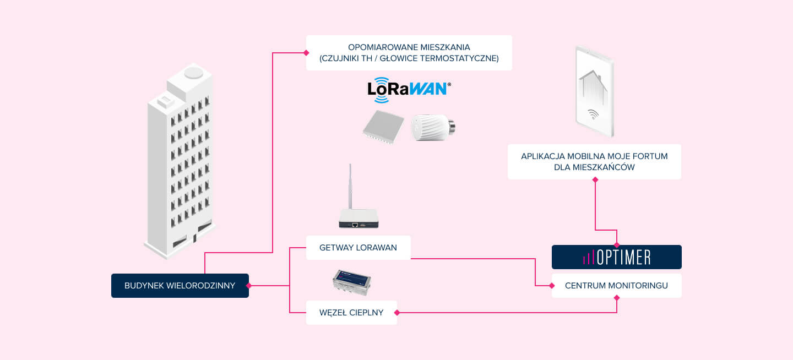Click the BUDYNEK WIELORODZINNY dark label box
[x=180, y=286]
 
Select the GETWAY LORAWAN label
[x=358, y=248]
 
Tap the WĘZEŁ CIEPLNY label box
[x=351, y=313]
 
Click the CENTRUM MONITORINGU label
[x=616, y=286]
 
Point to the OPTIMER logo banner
[x=616, y=257]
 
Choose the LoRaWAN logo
[x=409, y=90]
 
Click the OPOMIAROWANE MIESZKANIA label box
[x=409, y=53]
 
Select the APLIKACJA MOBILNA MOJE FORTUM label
[x=594, y=161]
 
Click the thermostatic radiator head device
[x=433, y=128]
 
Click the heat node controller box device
[x=351, y=283]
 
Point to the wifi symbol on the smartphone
[x=593, y=114]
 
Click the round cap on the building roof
[x=193, y=72]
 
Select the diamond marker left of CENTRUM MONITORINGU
[x=552, y=286]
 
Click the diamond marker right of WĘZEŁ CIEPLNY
[x=397, y=313]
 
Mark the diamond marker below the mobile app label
[x=595, y=179]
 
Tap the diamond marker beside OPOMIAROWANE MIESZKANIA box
[x=306, y=53]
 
